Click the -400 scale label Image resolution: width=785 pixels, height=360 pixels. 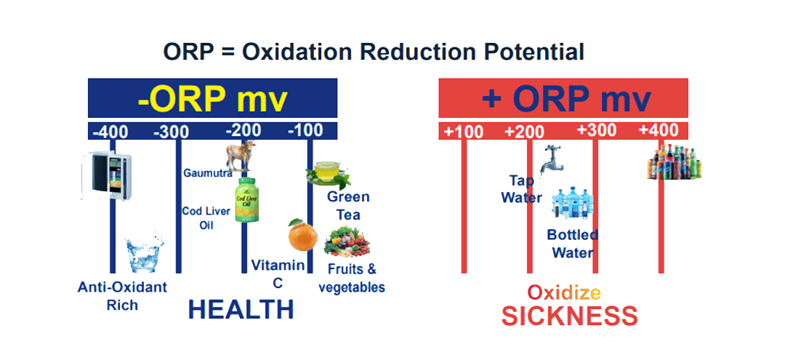111,132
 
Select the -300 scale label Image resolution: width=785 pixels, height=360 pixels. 172,132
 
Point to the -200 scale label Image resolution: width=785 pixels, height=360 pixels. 243,130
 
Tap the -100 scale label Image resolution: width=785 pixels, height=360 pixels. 305,131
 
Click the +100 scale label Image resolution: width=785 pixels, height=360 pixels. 464,132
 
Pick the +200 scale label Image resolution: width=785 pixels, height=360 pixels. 525,132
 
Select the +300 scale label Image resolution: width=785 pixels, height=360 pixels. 597,130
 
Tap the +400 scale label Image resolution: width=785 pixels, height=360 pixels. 659,130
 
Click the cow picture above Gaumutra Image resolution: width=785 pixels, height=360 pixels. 241,156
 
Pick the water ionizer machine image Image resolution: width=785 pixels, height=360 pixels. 102,175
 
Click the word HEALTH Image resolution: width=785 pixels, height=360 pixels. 241,309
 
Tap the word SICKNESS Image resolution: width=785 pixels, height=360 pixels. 569,316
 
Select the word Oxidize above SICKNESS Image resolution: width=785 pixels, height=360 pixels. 563,293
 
